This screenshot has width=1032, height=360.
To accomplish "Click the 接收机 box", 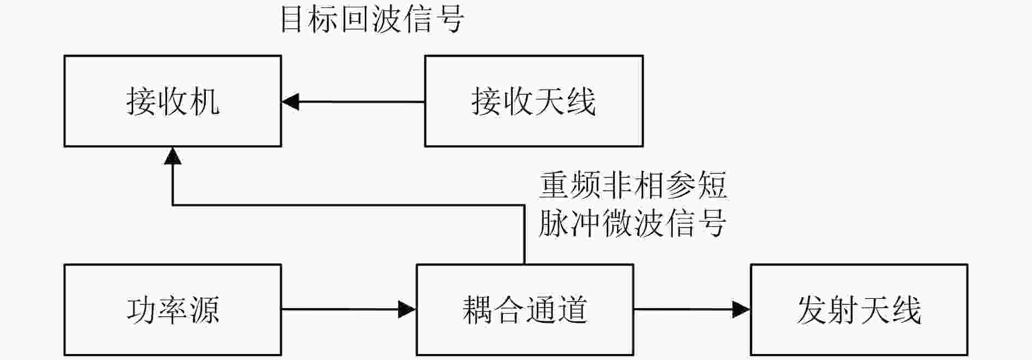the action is [173, 101].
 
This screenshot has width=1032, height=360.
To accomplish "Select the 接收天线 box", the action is [533, 101].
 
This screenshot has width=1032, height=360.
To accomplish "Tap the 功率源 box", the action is [173, 310].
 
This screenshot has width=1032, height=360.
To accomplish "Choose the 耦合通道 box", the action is [525, 310].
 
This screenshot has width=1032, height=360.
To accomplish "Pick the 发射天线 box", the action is [859, 310].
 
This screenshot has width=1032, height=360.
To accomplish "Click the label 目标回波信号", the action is [372, 20].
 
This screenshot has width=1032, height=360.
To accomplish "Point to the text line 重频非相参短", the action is [633, 185].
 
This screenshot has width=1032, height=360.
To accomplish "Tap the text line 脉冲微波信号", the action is [633, 223].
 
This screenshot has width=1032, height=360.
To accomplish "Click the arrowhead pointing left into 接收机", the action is [290, 102].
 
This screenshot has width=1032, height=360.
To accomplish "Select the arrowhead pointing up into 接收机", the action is [173, 156].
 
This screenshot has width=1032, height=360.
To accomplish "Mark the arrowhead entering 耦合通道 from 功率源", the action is [407, 310].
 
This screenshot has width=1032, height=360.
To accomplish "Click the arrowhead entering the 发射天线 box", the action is [742, 310].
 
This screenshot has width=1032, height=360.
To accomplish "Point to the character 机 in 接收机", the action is [204, 102].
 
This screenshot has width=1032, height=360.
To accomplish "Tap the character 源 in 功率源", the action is [204, 310].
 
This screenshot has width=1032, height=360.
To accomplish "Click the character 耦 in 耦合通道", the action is [478, 310].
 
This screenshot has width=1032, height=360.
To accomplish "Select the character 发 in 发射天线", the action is [812, 310].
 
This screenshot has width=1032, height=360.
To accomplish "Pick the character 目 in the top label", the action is [295, 20].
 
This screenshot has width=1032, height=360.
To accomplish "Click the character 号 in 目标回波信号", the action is [450, 20].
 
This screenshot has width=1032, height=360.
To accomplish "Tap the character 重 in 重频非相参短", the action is [555, 185].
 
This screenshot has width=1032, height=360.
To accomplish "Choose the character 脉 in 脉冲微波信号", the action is [555, 223].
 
